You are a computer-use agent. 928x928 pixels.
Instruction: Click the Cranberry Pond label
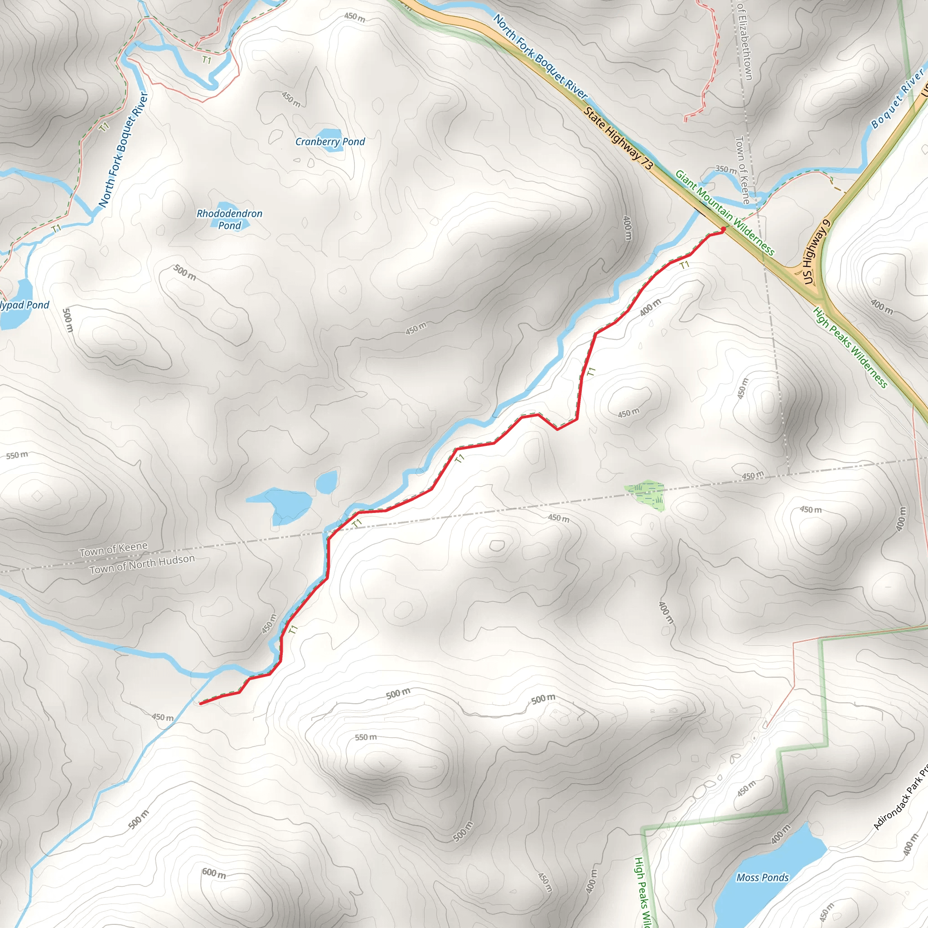[x=330, y=142]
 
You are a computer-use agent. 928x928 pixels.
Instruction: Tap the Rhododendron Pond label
[x=230, y=219]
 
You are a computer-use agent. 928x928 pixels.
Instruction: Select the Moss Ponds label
[x=763, y=878]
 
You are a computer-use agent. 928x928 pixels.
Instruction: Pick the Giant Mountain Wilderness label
[x=725, y=212]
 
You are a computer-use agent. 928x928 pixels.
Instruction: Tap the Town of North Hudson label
[x=142, y=564]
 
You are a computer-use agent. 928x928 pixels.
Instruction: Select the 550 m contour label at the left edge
[x=17, y=455]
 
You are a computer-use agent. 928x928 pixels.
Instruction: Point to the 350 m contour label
[x=726, y=169]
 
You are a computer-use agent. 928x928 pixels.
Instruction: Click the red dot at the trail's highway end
[x=723, y=229]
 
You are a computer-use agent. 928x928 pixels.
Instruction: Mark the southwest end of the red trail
[x=200, y=703]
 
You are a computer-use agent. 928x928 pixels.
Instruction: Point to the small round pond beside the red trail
[x=327, y=482]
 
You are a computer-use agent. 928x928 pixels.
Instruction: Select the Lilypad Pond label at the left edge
[x=24, y=305]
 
